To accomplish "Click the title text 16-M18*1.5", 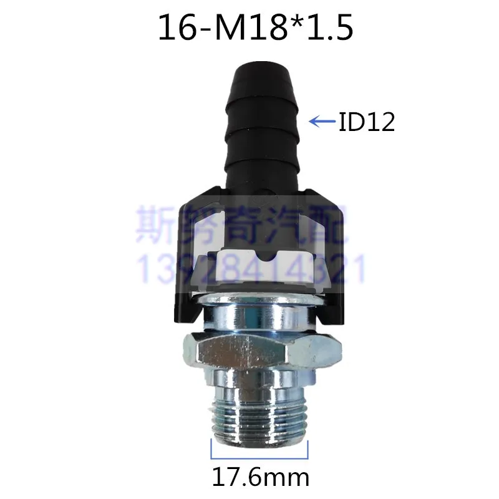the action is [x=256, y=27].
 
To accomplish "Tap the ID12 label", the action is [x=367, y=122].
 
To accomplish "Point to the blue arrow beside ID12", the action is [x=322, y=121].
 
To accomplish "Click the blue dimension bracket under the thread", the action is [x=259, y=458].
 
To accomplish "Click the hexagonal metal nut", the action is [x=262, y=349].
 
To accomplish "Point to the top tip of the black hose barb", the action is [x=261, y=65].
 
